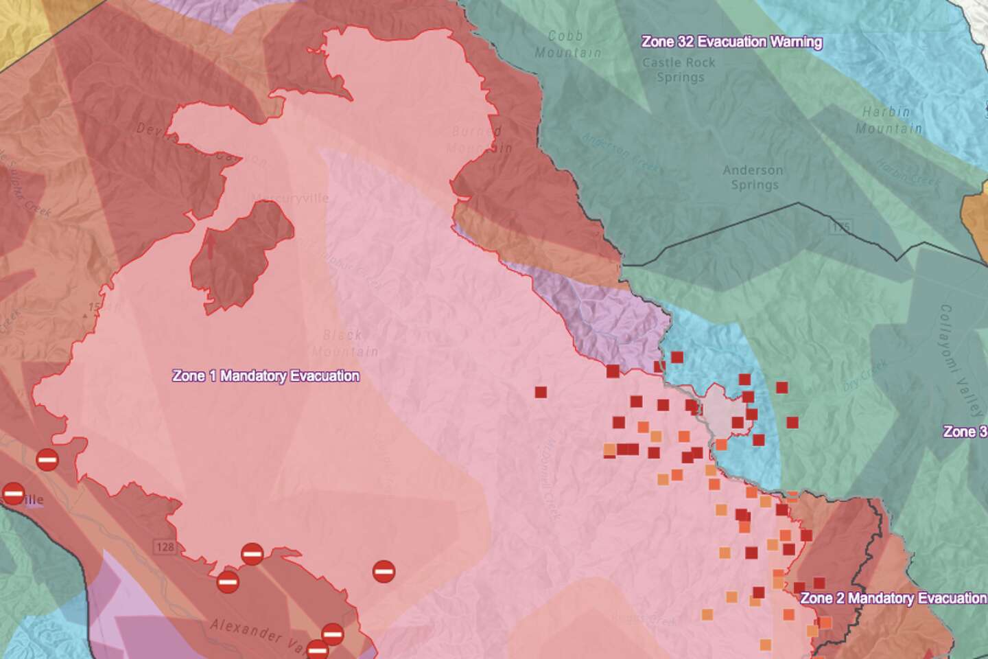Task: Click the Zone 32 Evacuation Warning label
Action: point(731,42)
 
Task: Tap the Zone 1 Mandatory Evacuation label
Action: point(266,376)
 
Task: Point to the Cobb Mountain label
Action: point(567,45)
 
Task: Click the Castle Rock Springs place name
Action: point(679,70)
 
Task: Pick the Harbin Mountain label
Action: point(889,120)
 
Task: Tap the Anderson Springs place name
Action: point(753,177)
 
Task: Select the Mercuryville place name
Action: point(290,198)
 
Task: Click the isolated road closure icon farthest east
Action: point(384,571)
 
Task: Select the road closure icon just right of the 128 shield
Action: point(252,553)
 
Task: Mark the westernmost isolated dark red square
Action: point(541,393)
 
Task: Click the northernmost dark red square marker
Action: point(677,357)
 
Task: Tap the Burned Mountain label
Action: point(478,139)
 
